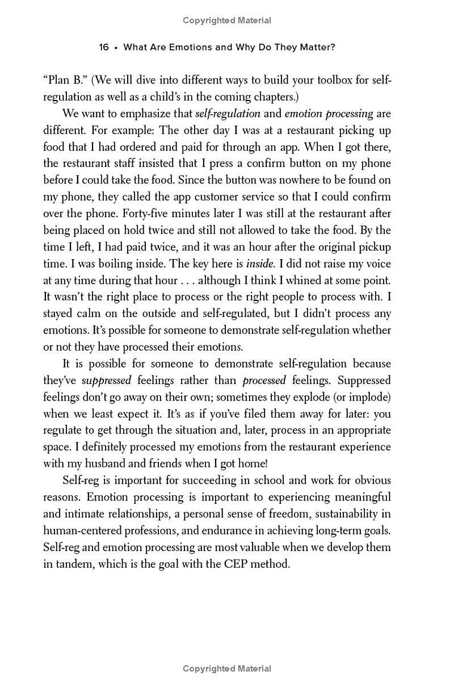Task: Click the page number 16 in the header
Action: [103, 47]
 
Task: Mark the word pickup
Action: [374, 247]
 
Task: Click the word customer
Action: [218, 197]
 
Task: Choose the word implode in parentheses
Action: [372, 397]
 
